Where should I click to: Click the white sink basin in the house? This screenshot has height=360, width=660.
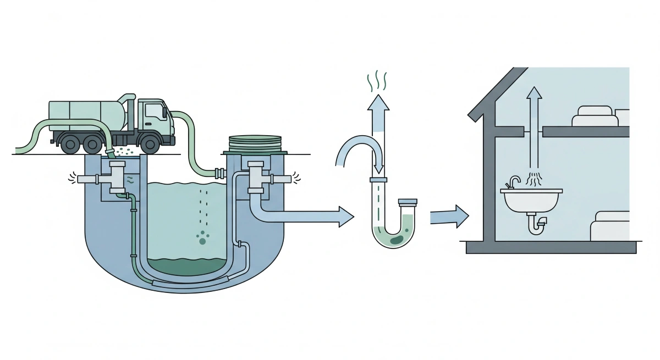pyautogui.click(x=531, y=201)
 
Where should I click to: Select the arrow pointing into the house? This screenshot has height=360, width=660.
pyautogui.click(x=449, y=215)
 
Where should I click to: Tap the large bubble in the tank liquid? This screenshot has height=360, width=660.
pyautogui.click(x=203, y=241)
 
